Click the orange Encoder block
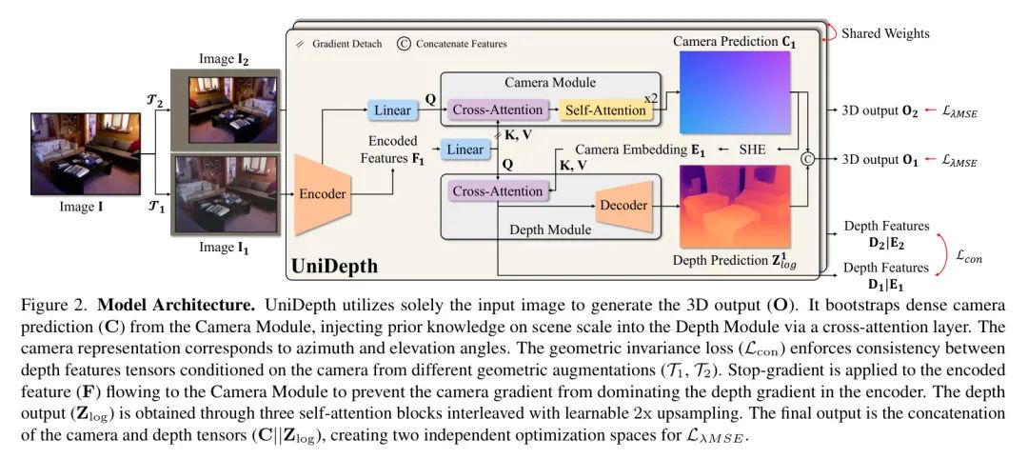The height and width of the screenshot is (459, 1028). (x=322, y=194)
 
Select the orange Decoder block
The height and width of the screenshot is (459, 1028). (x=623, y=206)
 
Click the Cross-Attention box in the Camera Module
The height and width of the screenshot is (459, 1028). (x=498, y=110)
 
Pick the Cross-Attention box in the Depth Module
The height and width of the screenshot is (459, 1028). (x=498, y=191)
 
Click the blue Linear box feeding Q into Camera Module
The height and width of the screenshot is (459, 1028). (x=393, y=110)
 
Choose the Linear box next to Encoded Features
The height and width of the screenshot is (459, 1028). (x=465, y=150)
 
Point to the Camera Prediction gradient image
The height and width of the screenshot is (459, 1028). (x=734, y=92)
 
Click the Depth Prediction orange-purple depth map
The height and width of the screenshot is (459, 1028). (x=734, y=206)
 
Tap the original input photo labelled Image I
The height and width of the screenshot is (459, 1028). (x=86, y=154)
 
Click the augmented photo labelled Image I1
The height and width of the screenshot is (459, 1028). (x=225, y=195)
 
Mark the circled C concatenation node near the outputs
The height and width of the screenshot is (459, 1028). (x=808, y=158)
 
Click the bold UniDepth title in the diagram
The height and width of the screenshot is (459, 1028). (x=334, y=266)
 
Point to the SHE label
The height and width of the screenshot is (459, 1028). (x=751, y=149)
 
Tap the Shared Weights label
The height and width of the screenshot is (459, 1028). (x=885, y=32)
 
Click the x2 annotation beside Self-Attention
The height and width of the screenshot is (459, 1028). (x=651, y=98)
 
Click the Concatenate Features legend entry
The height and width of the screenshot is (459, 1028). (x=452, y=44)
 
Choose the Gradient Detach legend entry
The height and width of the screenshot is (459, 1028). (x=339, y=44)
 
